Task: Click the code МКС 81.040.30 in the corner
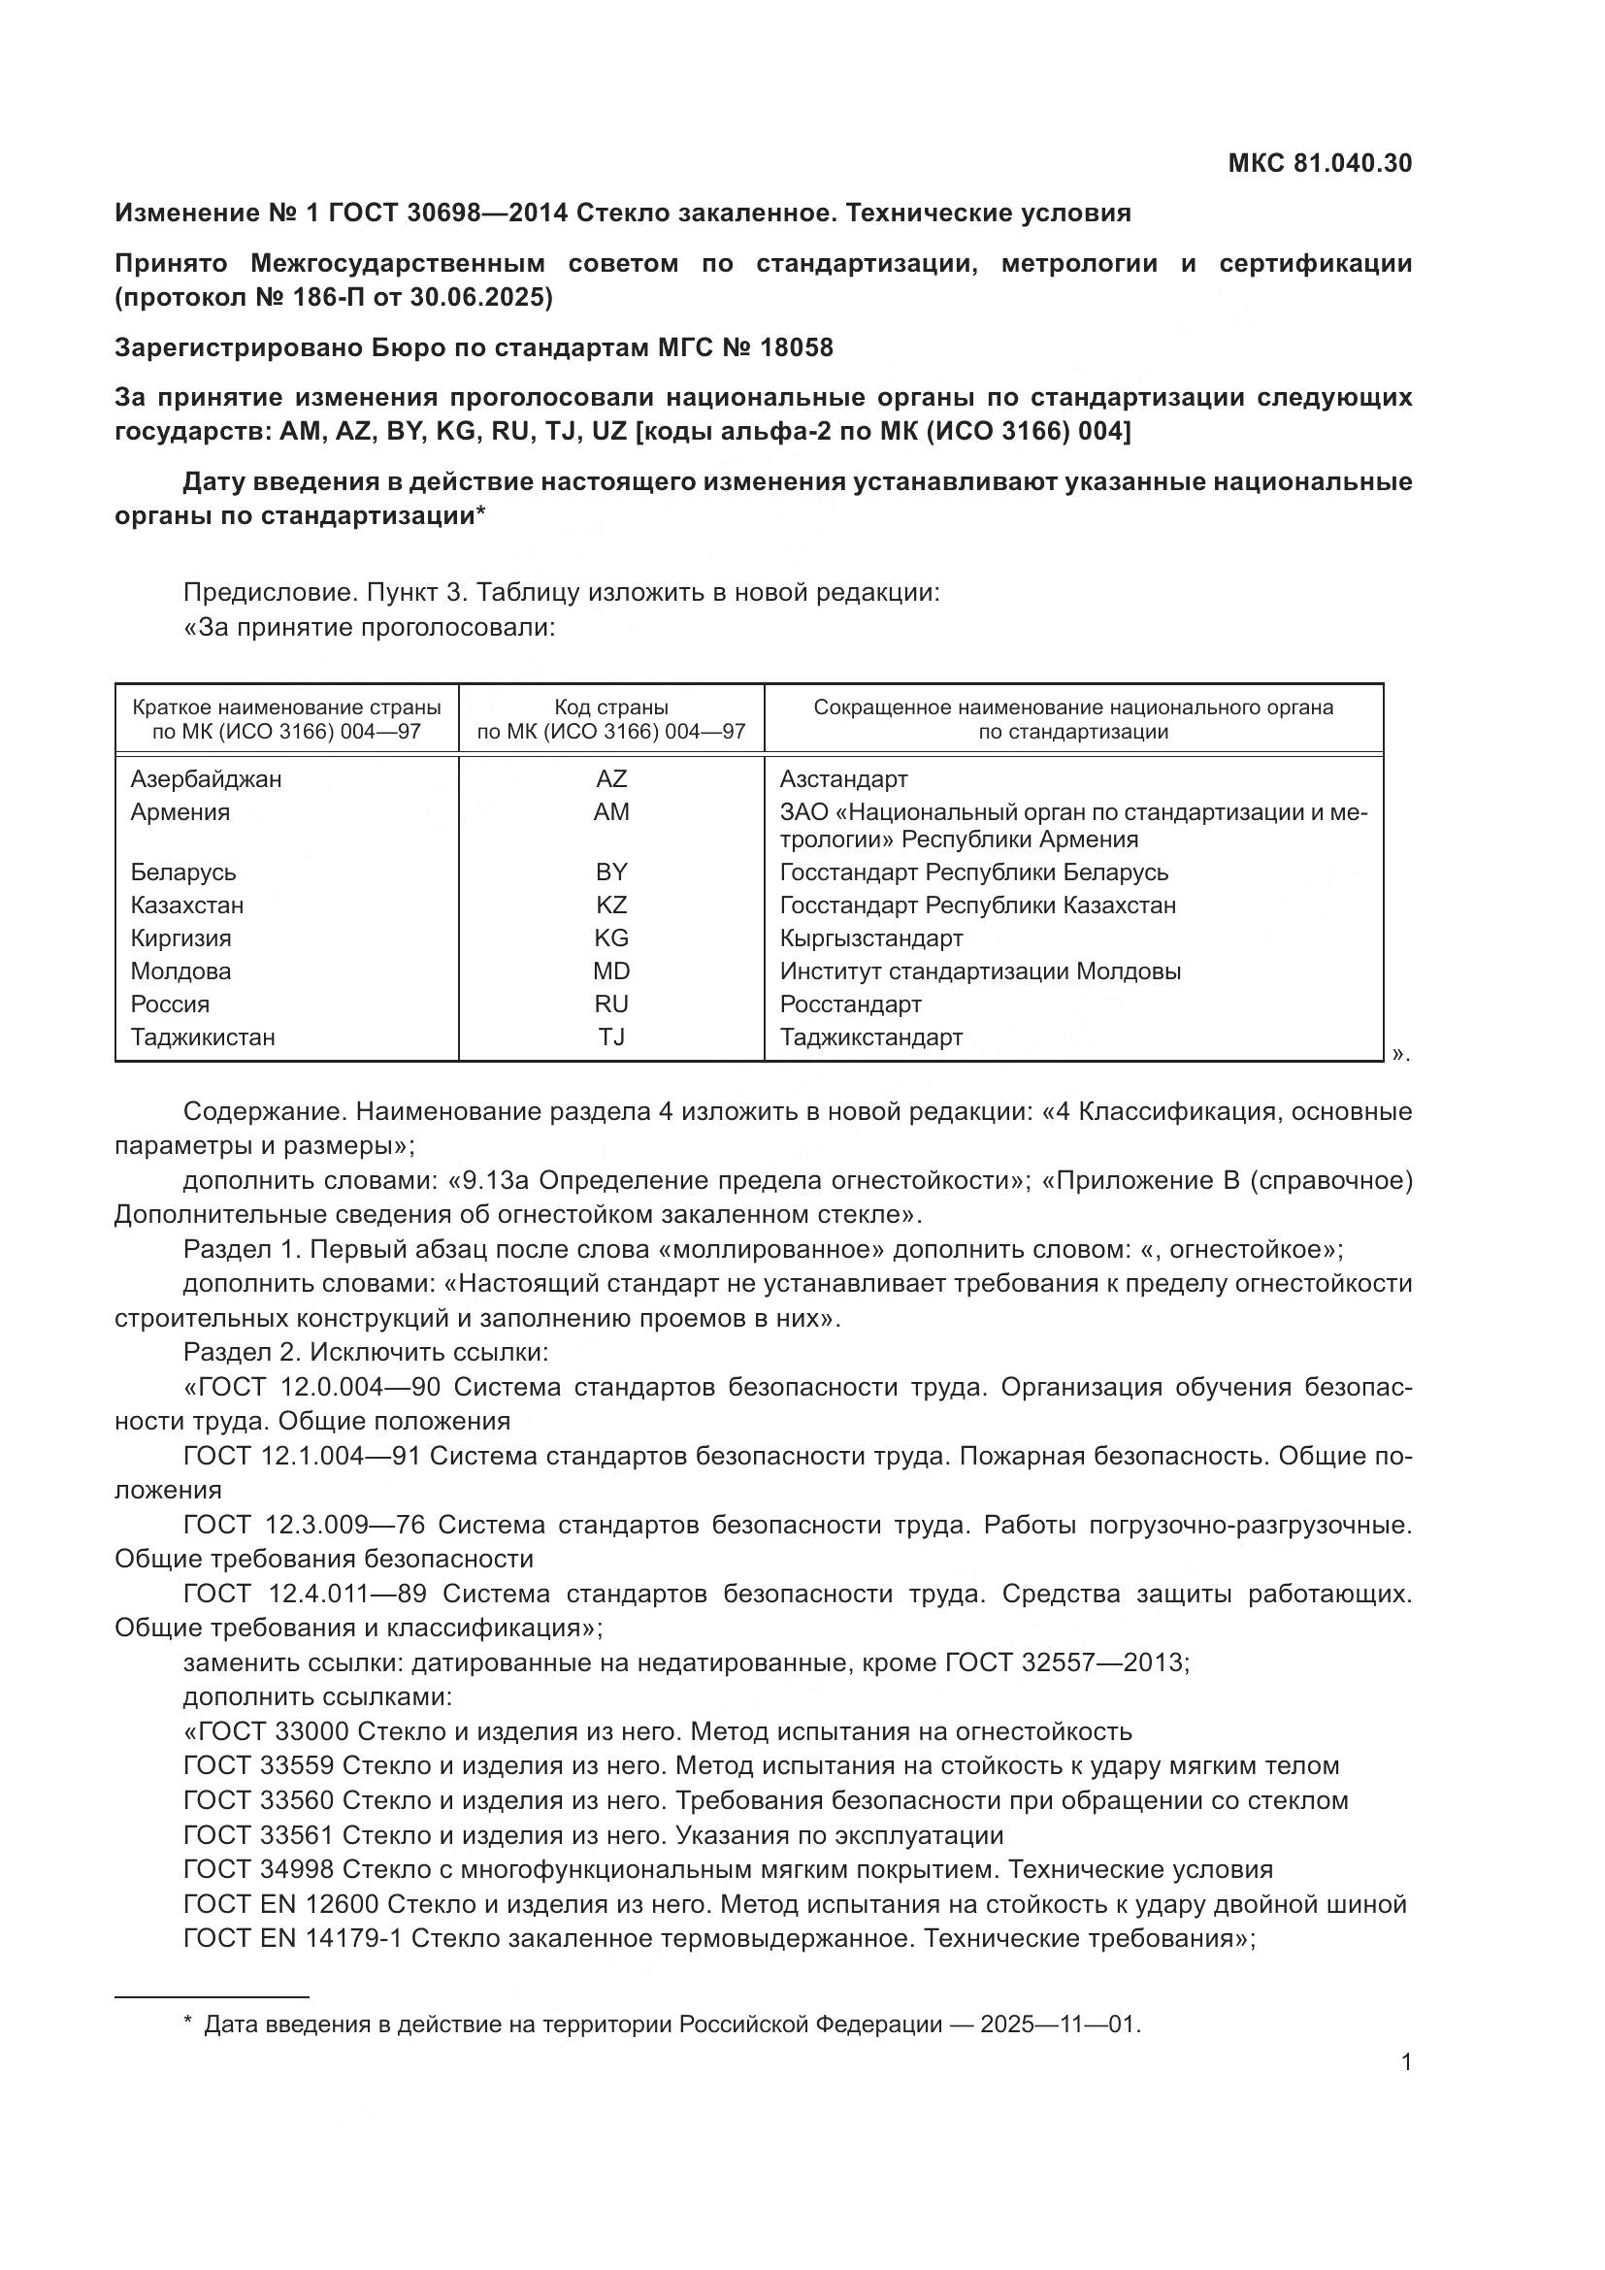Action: click(x=1320, y=163)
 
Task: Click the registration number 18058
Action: click(x=797, y=348)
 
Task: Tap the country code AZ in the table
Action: click(x=610, y=779)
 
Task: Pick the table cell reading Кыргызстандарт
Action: click(x=870, y=938)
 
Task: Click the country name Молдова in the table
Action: click(x=180, y=971)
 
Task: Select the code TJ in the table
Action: click(x=610, y=1037)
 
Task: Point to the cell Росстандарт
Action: click(x=850, y=1004)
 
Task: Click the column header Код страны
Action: click(x=610, y=707)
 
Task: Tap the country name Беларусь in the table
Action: click(x=183, y=872)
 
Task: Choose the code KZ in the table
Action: click(x=610, y=905)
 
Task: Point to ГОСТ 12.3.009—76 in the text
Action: click(x=305, y=1525)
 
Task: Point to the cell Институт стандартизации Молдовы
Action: click(x=979, y=971)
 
